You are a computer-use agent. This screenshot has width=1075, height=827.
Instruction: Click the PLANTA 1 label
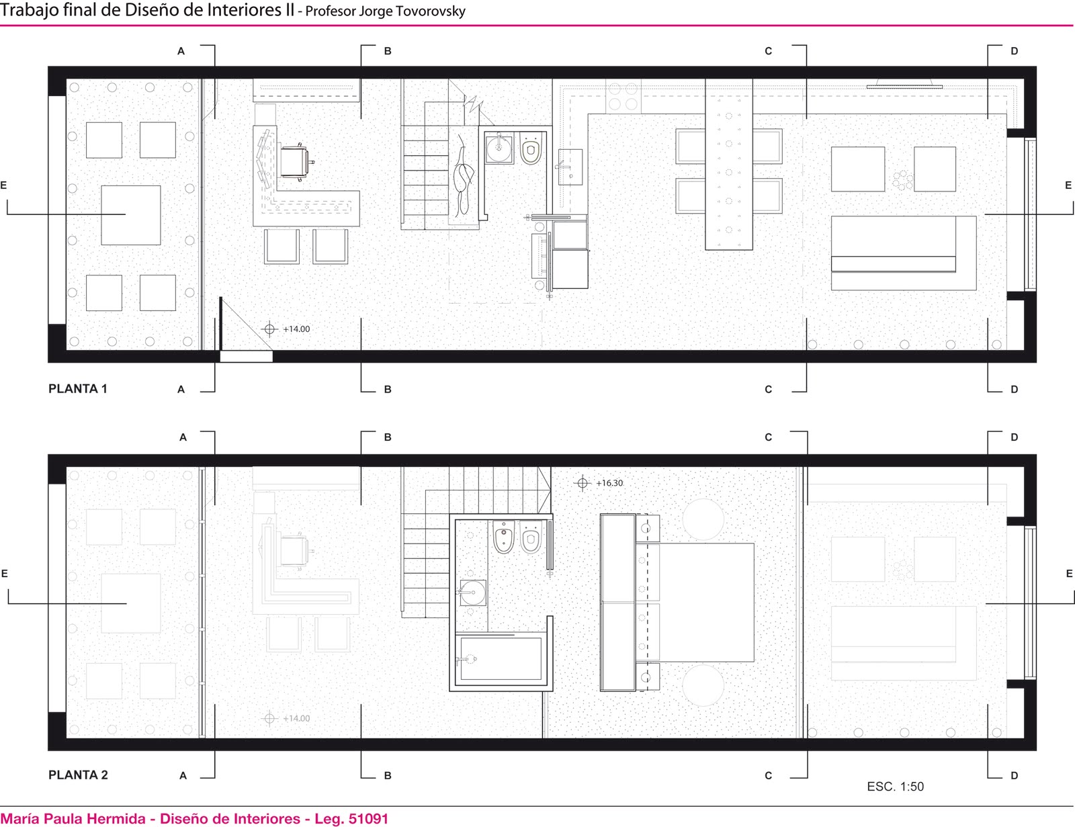pyautogui.click(x=78, y=389)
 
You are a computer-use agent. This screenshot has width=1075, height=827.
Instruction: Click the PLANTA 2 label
pyautogui.click(x=78, y=775)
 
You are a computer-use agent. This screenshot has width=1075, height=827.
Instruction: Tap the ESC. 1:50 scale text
pyautogui.click(x=896, y=787)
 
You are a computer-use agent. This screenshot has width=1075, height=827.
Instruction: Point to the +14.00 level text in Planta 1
pyautogui.click(x=296, y=329)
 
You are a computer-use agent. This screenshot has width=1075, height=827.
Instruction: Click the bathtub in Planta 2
pyautogui.click(x=501, y=658)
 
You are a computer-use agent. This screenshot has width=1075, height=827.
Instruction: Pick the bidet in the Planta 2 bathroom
pyautogui.click(x=504, y=537)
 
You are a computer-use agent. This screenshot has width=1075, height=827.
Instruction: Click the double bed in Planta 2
pyautogui.click(x=695, y=603)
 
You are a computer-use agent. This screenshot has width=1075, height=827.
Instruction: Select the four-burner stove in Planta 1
pyautogui.click(x=623, y=97)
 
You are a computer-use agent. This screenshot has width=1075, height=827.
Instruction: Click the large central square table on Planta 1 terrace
pyautogui.click(x=131, y=215)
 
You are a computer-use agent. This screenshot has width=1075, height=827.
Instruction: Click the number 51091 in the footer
pyautogui.click(x=368, y=818)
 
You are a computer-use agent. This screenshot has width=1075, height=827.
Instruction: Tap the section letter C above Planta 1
pyautogui.click(x=768, y=51)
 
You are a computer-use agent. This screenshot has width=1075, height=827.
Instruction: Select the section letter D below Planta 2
pyautogui.click(x=1014, y=775)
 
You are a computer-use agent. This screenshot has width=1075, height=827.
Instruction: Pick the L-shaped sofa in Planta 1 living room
pyautogui.click(x=904, y=253)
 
